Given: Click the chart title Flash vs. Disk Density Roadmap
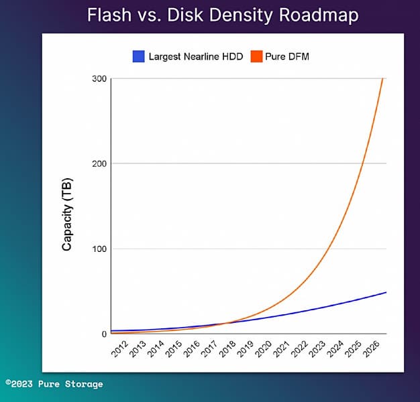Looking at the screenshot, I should [x=223, y=14].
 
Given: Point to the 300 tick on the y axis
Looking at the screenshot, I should [x=98, y=79].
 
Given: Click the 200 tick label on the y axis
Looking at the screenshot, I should [x=98, y=163].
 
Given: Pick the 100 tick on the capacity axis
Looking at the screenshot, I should [x=98, y=249].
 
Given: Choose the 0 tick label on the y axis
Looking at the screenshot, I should [x=103, y=334].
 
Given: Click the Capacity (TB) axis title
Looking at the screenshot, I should [x=67, y=214].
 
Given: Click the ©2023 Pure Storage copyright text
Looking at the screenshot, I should [x=54, y=384].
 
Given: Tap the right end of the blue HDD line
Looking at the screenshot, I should [x=386, y=292].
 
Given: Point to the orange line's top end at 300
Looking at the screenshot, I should [x=382, y=79].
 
